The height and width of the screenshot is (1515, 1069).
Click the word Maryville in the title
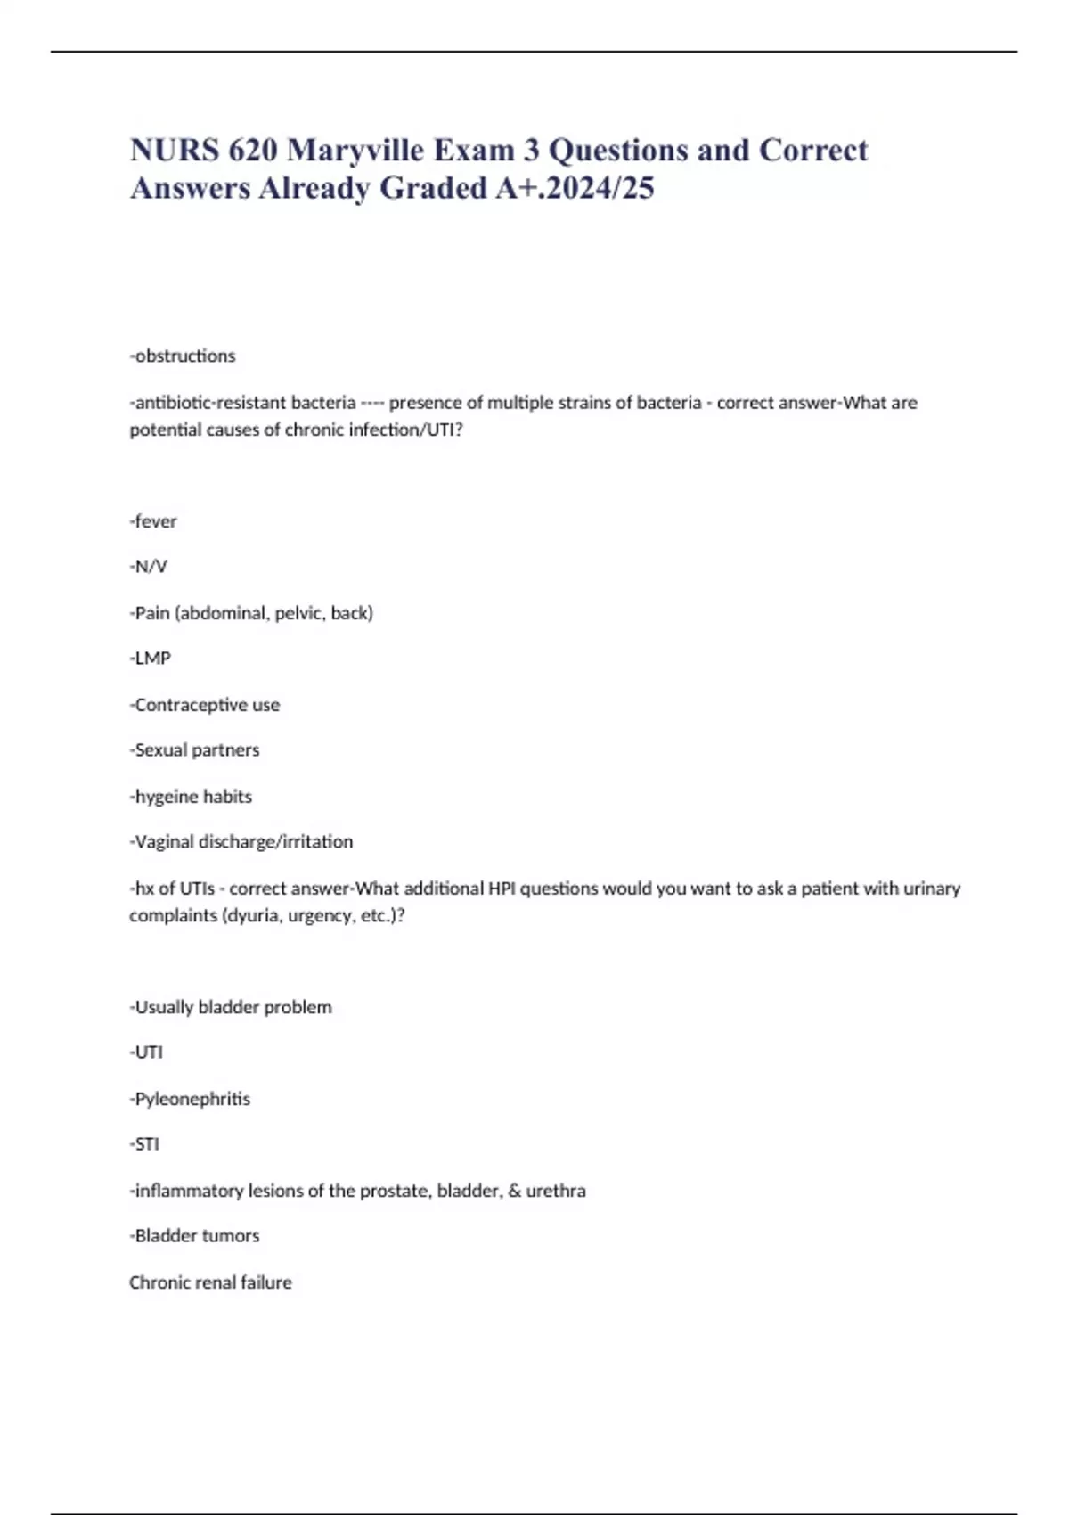point(355,151)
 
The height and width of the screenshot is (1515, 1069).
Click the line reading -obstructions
point(183,356)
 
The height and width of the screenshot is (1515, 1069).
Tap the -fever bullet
point(153,521)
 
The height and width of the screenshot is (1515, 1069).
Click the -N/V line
point(149,567)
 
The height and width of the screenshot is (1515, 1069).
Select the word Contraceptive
point(191,705)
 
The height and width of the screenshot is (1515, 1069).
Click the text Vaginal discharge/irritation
point(243,842)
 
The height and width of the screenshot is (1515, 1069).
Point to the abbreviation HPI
point(502,889)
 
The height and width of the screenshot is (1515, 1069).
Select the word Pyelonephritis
point(192,1099)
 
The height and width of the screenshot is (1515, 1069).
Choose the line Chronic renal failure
point(210,1282)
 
